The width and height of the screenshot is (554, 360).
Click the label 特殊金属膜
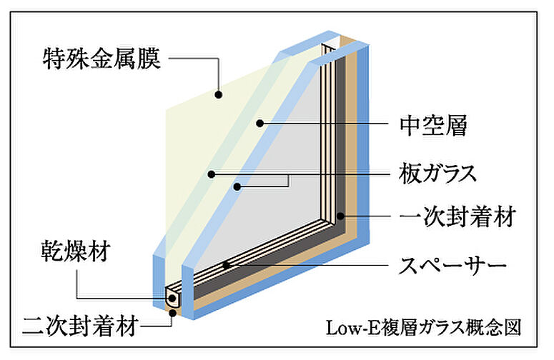(x=100, y=58)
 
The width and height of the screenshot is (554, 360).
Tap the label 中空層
(x=432, y=126)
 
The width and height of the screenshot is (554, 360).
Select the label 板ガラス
(x=437, y=173)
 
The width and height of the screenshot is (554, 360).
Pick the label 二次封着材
(x=79, y=328)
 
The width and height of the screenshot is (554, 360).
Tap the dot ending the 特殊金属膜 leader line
(x=218, y=94)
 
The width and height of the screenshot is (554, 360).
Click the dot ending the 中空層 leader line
(x=260, y=124)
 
